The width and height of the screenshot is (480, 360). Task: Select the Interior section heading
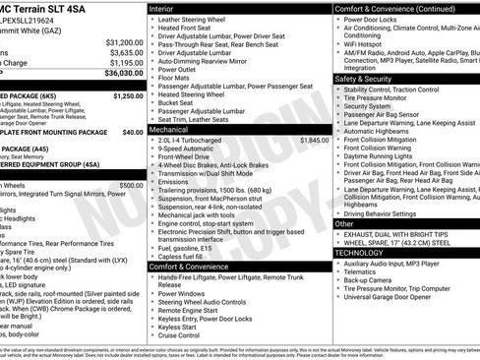point(162,8)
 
